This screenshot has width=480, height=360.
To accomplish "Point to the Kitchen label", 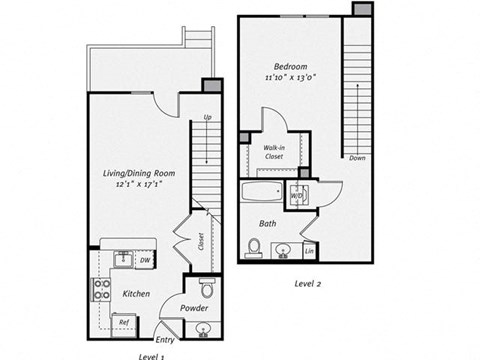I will [136, 294].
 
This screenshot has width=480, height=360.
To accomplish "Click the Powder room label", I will [196, 308].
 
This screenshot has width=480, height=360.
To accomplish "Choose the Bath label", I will [268, 223].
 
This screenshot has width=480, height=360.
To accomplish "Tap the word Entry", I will [165, 340].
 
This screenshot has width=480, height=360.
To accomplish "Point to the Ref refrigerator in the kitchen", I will [125, 321].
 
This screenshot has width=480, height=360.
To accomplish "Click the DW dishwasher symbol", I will [145, 260].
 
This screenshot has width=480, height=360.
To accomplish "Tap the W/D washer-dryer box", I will [298, 194].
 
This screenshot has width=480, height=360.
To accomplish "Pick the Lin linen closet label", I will [308, 249].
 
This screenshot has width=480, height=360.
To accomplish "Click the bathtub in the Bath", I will [264, 194].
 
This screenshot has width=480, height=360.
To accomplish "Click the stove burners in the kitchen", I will [102, 289].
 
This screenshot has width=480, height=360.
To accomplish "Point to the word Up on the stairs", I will [208, 118].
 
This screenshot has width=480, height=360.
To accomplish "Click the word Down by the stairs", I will [356, 158].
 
